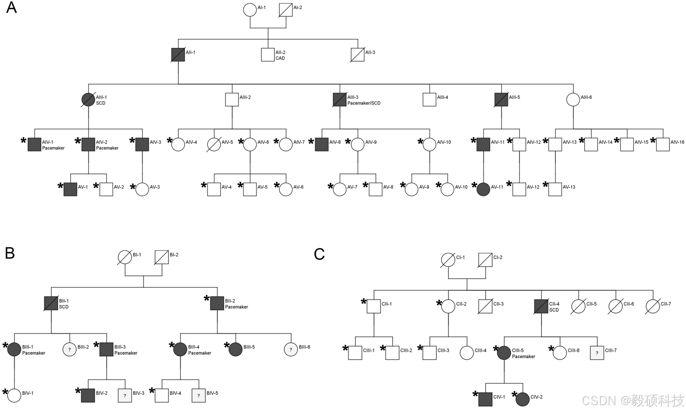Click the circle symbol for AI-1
(250, 10)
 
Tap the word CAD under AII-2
(280, 58)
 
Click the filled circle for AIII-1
(88, 100)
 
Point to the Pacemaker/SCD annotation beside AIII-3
(364, 103)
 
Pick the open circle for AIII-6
(573, 100)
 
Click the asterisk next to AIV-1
(23, 140)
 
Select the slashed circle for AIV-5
(214, 145)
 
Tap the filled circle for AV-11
(483, 190)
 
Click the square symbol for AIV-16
(663, 145)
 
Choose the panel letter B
(10, 253)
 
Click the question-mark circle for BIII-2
(69, 349)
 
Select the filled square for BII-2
(217, 303)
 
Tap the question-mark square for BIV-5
(198, 396)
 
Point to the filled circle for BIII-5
(236, 349)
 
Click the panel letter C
(319, 254)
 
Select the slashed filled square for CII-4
(541, 307)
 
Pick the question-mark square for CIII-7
(597, 353)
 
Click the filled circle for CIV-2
(523, 399)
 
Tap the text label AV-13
(569, 187)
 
